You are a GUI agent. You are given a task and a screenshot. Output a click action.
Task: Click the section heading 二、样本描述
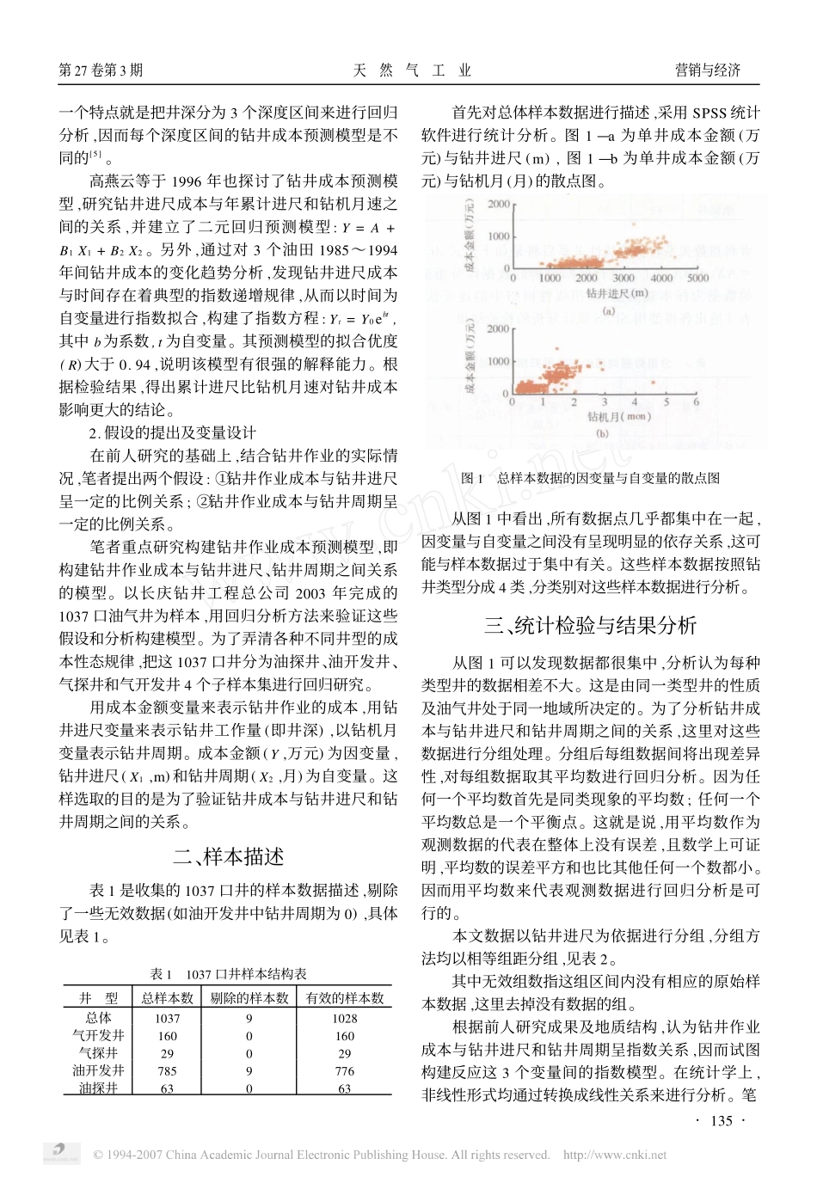click(x=228, y=856)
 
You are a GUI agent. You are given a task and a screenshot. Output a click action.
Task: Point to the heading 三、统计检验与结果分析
click(x=590, y=625)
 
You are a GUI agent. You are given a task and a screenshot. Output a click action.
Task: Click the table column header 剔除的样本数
click(x=249, y=998)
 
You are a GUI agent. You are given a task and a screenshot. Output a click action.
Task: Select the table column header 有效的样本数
click(x=344, y=998)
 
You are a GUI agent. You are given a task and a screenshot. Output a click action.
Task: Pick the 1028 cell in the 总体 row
click(x=344, y=1018)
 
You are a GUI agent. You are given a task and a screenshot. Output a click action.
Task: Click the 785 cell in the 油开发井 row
click(x=167, y=1070)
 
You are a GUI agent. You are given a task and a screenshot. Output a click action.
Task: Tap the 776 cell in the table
click(x=344, y=1070)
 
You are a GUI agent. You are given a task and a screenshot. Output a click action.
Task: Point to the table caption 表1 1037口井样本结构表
click(x=228, y=974)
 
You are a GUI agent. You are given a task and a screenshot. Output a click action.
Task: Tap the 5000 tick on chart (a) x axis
click(x=697, y=278)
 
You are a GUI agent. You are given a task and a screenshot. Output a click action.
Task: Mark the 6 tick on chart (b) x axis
click(x=696, y=401)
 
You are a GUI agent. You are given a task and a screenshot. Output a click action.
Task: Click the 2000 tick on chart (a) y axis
click(x=498, y=205)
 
